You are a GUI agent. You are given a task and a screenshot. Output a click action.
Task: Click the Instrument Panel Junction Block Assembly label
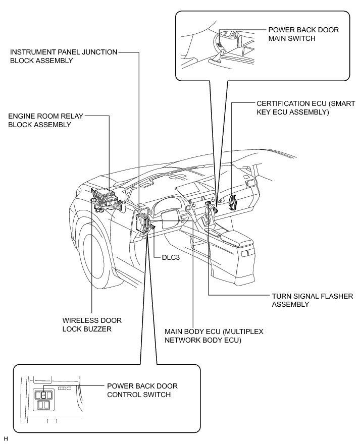coord(64,55)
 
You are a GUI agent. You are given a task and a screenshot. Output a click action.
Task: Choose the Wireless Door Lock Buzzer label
coord(91,325)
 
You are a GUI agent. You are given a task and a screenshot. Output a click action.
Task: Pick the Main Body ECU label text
coord(214,336)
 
